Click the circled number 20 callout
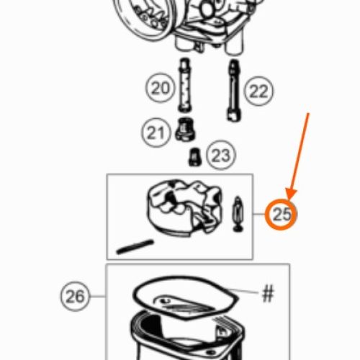click(x=160, y=87)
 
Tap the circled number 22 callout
click(x=258, y=91)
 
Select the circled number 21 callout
click(x=156, y=132)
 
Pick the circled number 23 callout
click(x=221, y=155)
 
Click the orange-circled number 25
click(x=282, y=215)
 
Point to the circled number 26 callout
click(x=75, y=296)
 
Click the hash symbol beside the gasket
click(x=268, y=293)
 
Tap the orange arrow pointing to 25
click(x=298, y=157)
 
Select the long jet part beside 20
click(x=184, y=85)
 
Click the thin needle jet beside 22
click(x=234, y=90)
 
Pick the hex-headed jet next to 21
click(x=185, y=130)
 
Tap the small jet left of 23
click(x=194, y=157)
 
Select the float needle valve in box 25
click(x=238, y=214)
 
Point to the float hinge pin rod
click(x=135, y=247)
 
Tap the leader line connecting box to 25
click(x=259, y=214)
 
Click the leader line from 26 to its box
click(x=98, y=296)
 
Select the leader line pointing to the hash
click(x=243, y=291)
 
